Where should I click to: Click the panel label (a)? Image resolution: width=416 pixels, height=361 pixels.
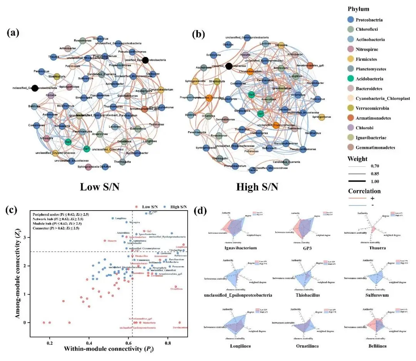(x=13, y=33)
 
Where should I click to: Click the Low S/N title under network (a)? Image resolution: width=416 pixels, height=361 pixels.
(x=99, y=187)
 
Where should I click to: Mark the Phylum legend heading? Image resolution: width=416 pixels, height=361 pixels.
(x=358, y=9)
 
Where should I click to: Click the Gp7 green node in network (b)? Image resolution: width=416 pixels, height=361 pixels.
(x=260, y=114)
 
